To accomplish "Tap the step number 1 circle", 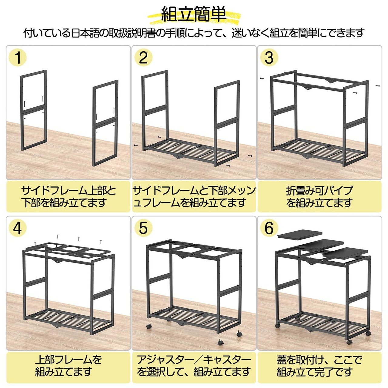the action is [18, 58].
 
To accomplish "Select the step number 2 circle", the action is [143, 58].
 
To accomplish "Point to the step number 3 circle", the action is [269, 58].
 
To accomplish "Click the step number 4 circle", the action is [18, 228].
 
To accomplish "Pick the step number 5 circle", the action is [143, 228].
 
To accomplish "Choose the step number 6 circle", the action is [269, 228].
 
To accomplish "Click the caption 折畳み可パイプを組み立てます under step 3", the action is [319, 197].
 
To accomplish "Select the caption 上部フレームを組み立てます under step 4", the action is [68, 366].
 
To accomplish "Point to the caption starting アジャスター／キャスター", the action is [194, 366].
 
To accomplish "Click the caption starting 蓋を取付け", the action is [319, 366].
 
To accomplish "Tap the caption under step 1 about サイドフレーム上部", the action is [69, 197].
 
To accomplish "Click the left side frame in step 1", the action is [34, 110].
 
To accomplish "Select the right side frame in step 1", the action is [105, 123].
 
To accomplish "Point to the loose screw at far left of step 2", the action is [136, 145].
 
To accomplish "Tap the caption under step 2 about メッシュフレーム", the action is [194, 197].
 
